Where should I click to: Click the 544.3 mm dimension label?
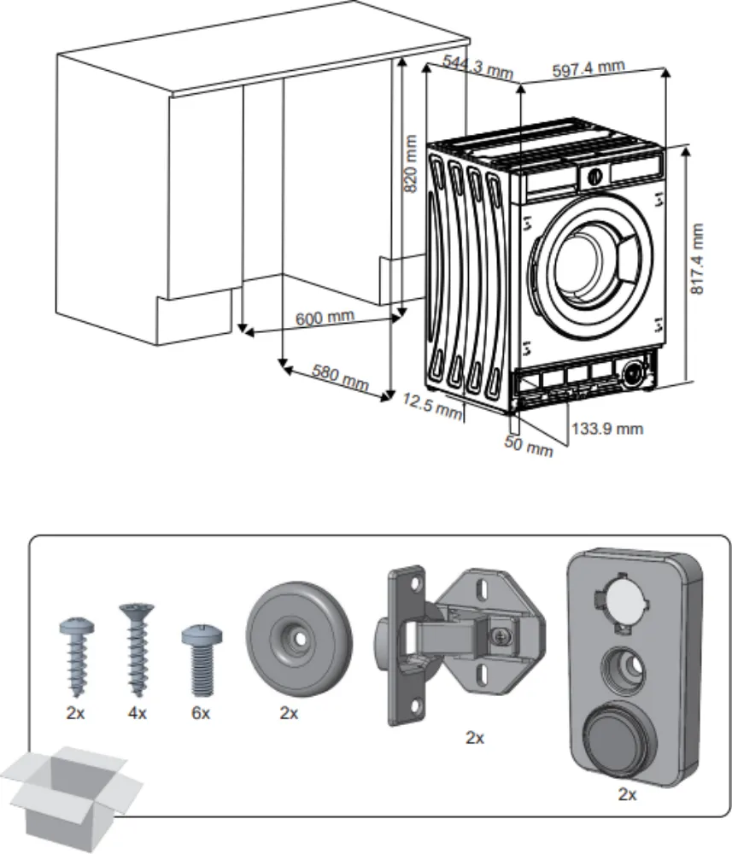(477, 66)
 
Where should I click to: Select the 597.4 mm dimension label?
(589, 70)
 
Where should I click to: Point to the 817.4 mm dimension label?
(698, 260)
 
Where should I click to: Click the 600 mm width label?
(325, 319)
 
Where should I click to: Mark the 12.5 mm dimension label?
(432, 405)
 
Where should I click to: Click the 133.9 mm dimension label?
(606, 429)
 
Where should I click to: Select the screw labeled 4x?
(132, 649)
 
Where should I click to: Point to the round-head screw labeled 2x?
(75, 654)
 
